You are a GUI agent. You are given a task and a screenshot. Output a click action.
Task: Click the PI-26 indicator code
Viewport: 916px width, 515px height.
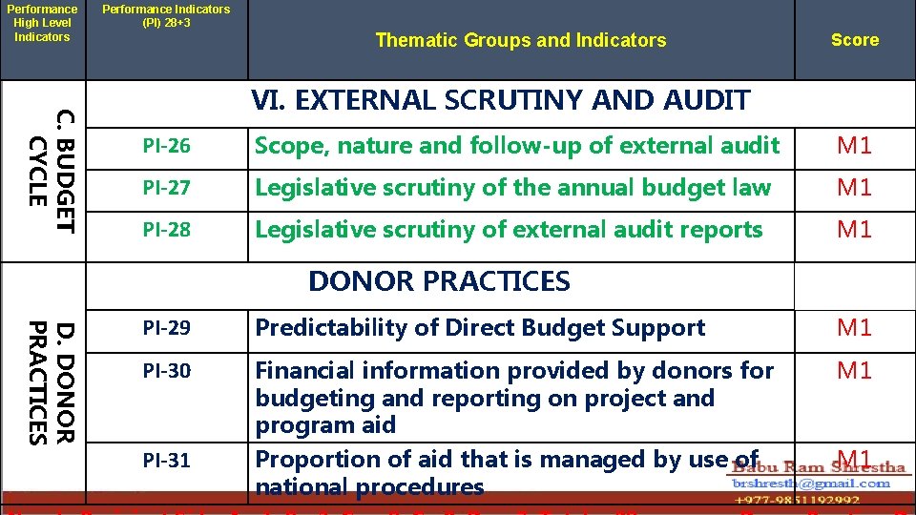tap(166, 146)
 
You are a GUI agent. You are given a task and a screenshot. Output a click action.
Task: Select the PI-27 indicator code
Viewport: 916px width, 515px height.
tap(166, 188)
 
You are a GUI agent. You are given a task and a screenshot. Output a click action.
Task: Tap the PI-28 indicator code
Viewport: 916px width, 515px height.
tap(166, 230)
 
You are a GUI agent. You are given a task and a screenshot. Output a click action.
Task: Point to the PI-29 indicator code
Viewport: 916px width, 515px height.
tap(166, 328)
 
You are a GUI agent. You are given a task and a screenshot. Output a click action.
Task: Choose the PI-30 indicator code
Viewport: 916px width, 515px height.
tap(166, 370)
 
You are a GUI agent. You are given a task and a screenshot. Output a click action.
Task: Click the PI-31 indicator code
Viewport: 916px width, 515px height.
tap(166, 461)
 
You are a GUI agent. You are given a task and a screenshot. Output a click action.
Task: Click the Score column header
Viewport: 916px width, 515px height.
tap(854, 40)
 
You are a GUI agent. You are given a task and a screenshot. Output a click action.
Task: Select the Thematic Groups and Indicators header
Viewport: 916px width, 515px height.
tap(508, 40)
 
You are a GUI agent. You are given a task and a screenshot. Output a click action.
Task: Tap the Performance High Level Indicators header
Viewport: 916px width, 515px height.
tap(42, 23)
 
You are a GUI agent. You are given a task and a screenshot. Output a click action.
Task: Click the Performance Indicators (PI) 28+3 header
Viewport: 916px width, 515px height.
tap(166, 15)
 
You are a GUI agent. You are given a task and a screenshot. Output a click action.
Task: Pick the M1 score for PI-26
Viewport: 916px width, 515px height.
tap(854, 146)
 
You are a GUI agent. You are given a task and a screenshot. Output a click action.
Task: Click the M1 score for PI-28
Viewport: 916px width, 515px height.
tap(854, 230)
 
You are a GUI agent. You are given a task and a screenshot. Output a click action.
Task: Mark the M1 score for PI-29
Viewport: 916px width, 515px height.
tap(854, 328)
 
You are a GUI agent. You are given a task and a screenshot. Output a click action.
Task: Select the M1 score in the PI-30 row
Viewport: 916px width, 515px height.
tap(854, 370)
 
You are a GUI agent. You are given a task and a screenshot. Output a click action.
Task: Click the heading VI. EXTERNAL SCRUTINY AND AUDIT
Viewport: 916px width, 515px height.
tap(500, 100)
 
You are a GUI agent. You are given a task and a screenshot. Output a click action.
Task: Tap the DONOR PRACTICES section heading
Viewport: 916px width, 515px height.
tap(439, 281)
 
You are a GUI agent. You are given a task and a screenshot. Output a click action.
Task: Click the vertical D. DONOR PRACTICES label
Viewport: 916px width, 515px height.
tap(51, 382)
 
